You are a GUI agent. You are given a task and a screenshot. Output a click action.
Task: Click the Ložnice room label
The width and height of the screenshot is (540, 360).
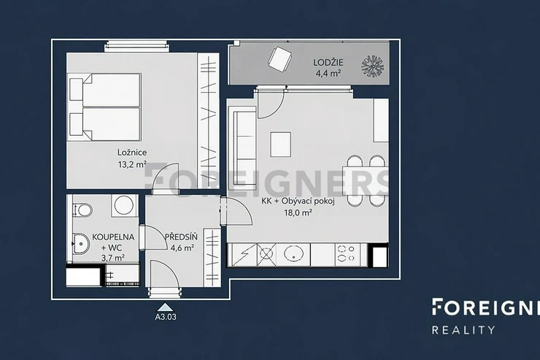pos(132,153)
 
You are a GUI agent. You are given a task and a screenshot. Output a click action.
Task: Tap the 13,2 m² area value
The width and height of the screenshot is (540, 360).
pos(132,164)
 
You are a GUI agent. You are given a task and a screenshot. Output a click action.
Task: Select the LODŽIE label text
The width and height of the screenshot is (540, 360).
pos(328,62)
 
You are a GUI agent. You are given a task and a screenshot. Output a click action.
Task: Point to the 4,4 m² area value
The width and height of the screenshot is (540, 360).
pos(328,73)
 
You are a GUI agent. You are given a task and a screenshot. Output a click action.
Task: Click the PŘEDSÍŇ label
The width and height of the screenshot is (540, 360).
pos(181,237)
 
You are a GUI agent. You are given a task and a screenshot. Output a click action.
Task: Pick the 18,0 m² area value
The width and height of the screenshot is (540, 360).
pos(298,212)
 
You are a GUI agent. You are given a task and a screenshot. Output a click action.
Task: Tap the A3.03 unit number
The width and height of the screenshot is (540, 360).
pos(166,317)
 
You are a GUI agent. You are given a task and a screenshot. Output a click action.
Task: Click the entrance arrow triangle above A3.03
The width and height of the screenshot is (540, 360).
pos(166,307)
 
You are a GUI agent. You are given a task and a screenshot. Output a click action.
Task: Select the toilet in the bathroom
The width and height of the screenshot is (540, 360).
pos(82,210)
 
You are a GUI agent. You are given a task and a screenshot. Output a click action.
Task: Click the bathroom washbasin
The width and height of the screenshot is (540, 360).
pos(81,244)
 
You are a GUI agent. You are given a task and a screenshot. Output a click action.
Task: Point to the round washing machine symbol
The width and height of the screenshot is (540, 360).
pos(124,205)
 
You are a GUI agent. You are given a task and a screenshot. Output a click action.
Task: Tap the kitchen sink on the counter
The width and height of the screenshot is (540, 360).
pos(294,254)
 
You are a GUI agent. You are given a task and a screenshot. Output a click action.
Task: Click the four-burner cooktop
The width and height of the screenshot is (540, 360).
pos(347,254)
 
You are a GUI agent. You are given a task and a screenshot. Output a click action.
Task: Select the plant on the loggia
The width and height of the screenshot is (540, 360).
pos(372,66)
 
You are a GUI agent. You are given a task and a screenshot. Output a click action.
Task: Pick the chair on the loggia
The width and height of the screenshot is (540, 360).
pos(280,59)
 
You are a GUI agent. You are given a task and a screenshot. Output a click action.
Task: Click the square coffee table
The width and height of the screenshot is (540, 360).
pos(281,145)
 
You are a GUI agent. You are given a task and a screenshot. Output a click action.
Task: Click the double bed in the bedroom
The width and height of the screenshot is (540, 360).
pos(104,107)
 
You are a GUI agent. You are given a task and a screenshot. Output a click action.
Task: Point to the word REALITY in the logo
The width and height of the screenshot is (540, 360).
pos(463,330)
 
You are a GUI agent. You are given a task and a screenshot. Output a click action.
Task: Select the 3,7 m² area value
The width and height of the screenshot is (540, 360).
pos(113,257)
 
